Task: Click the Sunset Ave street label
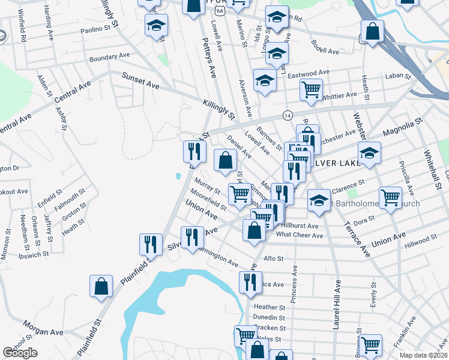click(x=141, y=81)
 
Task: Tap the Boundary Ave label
click(x=110, y=58)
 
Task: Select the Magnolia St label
click(x=403, y=128)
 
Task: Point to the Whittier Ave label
click(x=340, y=95)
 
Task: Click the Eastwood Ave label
click(x=309, y=73)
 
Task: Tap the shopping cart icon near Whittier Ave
click(x=311, y=89)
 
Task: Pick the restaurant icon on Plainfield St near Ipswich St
click(x=149, y=244)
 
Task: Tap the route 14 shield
click(x=288, y=115)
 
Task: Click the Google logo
click(x=20, y=353)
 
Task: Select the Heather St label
click(x=268, y=307)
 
